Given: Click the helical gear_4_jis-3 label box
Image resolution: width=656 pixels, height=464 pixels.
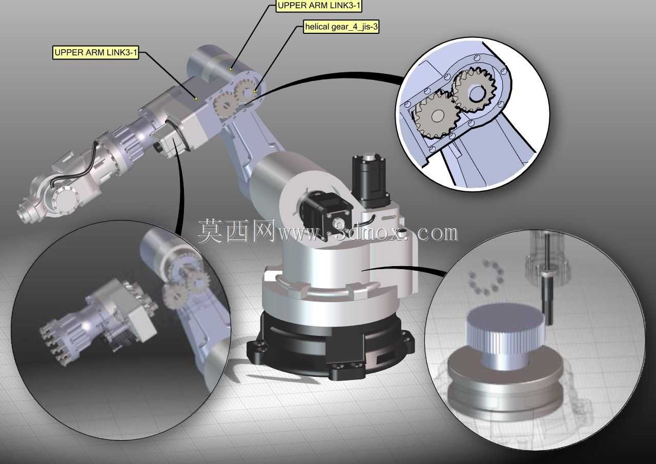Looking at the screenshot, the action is tap(341, 27).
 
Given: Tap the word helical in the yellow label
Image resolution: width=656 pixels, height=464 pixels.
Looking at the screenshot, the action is tap(317, 27).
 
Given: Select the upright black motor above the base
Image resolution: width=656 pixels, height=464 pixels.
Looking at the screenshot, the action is tap(371, 179).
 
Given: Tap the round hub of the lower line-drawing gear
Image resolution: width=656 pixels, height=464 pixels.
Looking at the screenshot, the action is tap(438, 116).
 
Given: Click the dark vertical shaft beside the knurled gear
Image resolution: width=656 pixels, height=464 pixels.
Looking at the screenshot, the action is tap(547, 293).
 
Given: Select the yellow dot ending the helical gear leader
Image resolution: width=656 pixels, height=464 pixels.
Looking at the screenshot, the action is tap(255, 91).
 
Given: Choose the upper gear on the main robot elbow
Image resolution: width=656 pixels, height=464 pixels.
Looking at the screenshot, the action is tap(245, 92).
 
